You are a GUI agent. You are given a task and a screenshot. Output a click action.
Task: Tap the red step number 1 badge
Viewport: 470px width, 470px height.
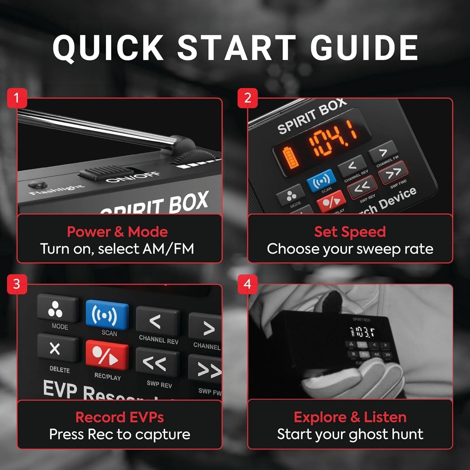(x=17, y=98)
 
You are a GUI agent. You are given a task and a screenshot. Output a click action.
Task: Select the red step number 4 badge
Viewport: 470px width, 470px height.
(x=247, y=284)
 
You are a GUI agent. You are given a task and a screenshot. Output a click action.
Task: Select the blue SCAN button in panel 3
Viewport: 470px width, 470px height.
(x=107, y=314)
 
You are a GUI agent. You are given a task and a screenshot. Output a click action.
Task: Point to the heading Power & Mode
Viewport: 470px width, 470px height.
(x=117, y=232)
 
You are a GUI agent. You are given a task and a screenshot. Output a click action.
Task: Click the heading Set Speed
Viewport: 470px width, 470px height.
(x=350, y=232)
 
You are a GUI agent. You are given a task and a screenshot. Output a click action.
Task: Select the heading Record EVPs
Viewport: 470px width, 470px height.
(x=119, y=417)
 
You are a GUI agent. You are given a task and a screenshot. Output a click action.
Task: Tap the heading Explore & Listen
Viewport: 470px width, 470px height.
(x=350, y=417)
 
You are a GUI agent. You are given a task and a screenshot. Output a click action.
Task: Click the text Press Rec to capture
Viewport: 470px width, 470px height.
(x=119, y=435)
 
